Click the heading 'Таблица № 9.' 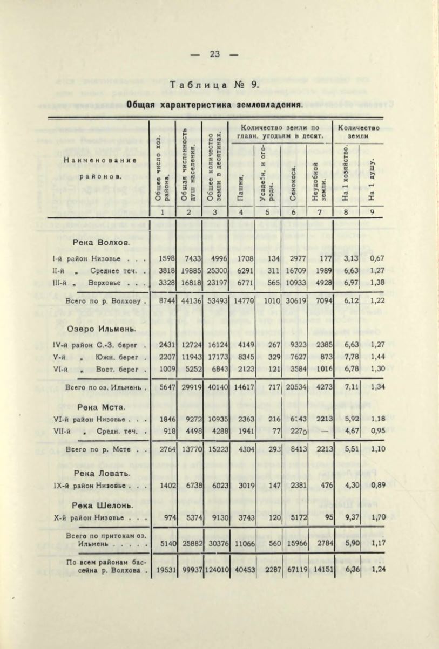click(215, 85)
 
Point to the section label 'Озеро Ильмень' click(100, 329)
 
